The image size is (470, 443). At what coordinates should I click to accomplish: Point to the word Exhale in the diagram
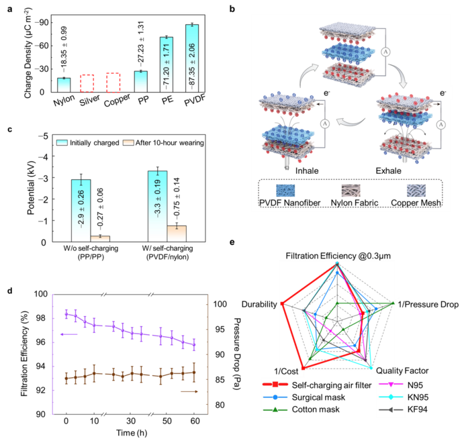(388, 171)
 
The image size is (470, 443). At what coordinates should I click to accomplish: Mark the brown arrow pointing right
(189, 391)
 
